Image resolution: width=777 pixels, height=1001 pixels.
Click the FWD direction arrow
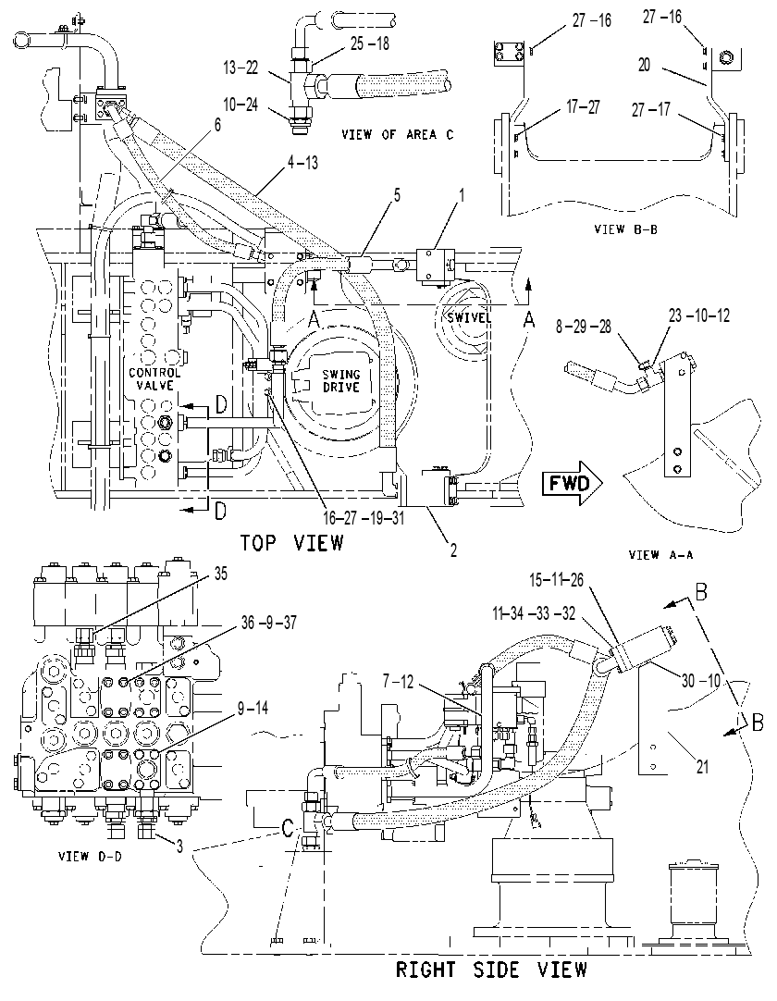tap(572, 483)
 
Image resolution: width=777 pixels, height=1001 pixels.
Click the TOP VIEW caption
tap(291, 543)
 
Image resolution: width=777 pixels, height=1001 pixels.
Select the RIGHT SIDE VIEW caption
tap(491, 970)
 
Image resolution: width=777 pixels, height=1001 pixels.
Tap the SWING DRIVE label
tap(341, 380)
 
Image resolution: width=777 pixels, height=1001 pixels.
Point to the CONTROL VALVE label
tap(154, 378)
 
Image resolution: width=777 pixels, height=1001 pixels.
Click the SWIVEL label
tap(468, 317)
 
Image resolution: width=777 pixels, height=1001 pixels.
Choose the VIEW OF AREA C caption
tap(397, 135)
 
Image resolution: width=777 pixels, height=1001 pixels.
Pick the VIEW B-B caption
tap(625, 229)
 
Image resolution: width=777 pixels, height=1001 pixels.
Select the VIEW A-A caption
tap(660, 555)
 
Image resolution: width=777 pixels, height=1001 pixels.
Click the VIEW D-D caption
tap(90, 856)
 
